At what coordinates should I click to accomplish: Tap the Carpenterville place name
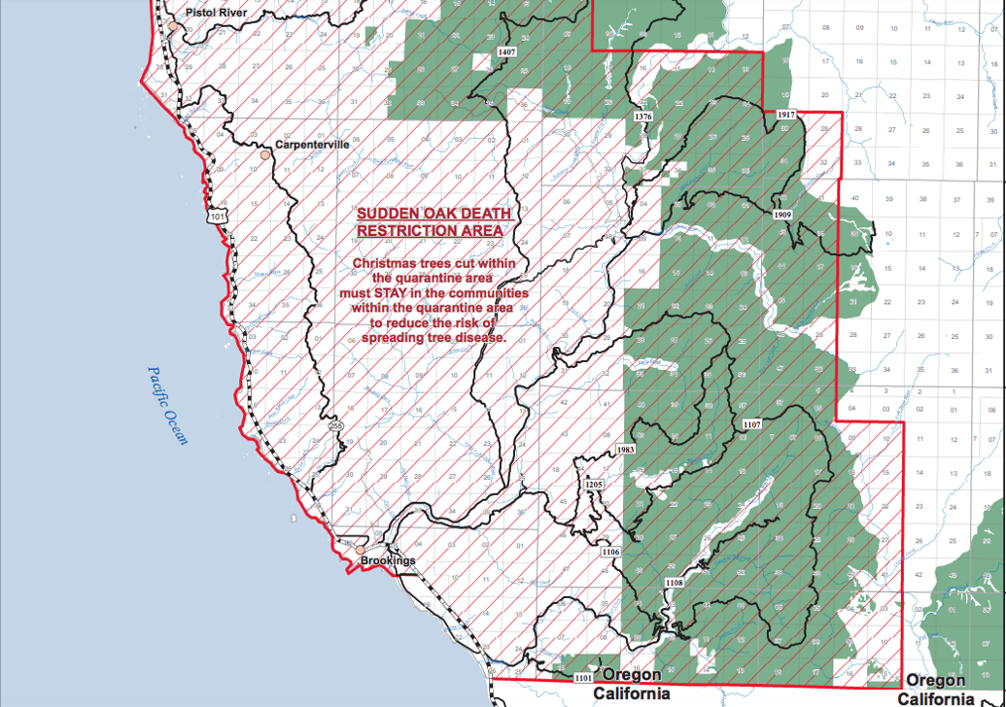click(x=312, y=144)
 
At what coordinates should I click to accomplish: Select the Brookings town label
click(x=388, y=561)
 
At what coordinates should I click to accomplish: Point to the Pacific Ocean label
click(x=167, y=404)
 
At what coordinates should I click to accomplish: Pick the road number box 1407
click(x=506, y=50)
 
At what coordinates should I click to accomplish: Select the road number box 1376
click(x=642, y=117)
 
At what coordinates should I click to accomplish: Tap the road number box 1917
click(x=786, y=115)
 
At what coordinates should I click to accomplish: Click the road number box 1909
click(x=783, y=213)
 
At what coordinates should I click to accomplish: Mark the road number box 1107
click(x=751, y=424)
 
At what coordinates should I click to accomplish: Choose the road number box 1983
click(x=626, y=450)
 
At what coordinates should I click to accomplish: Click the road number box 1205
click(x=594, y=484)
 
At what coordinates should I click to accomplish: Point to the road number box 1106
click(x=609, y=552)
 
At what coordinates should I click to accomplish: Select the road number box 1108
click(x=674, y=582)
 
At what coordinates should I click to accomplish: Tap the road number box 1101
click(x=583, y=677)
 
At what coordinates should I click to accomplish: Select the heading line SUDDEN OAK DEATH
click(x=429, y=214)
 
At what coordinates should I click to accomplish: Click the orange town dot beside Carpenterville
click(x=263, y=153)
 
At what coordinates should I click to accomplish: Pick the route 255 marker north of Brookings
click(x=335, y=425)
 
